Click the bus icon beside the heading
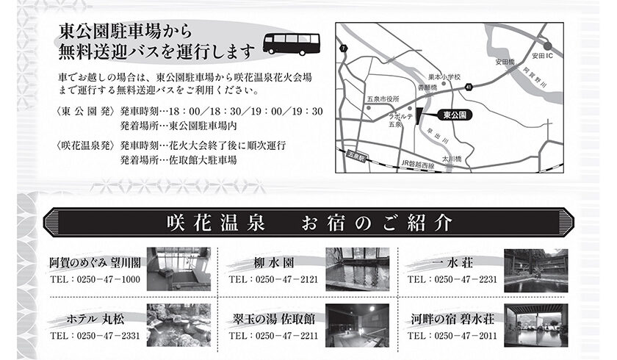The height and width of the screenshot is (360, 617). [291, 44]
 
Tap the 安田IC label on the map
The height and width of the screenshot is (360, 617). [542, 56]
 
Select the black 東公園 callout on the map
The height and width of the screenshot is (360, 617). [455, 115]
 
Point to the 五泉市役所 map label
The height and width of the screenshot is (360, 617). [383, 98]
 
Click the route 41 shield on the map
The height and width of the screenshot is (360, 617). [469, 87]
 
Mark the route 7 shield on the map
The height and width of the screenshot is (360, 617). [344, 48]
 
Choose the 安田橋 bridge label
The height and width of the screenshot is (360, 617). [505, 62]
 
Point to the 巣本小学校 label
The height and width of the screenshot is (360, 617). [444, 77]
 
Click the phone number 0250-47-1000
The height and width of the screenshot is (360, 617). [109, 279]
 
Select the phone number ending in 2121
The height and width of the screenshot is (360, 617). [287, 279]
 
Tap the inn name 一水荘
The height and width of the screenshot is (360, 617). [452, 263]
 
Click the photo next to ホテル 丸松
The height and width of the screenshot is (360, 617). [178, 325]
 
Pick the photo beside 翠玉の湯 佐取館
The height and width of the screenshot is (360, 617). [357, 325]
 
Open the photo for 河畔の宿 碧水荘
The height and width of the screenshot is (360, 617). [536, 325]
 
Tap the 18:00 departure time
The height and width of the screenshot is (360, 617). [184, 112]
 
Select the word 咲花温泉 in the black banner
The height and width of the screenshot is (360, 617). [216, 223]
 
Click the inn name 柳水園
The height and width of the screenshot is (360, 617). [274, 263]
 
